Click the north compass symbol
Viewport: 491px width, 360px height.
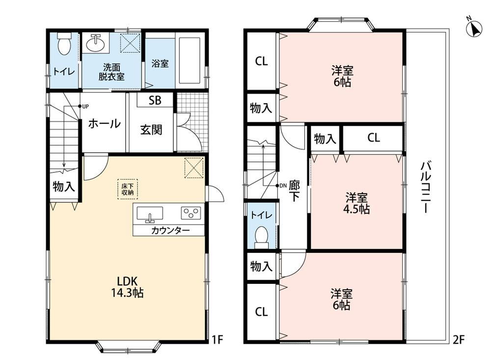coord(475,27)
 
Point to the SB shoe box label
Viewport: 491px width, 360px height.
coord(155,100)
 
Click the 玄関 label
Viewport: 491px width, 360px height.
coord(151,129)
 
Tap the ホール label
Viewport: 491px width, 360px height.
coord(104,123)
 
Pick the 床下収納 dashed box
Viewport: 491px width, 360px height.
coord(128,189)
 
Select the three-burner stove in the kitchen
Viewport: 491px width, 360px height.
coord(191,213)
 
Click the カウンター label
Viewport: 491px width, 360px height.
coord(170,231)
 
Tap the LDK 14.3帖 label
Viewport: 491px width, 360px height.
coord(127,286)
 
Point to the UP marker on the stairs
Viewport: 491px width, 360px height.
coord(83,106)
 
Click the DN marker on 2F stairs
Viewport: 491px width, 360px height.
coord(281,186)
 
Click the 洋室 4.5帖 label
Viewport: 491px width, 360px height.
coord(357,203)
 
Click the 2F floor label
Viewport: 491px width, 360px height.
coord(459,340)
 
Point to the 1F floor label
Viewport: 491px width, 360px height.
coord(218,340)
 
